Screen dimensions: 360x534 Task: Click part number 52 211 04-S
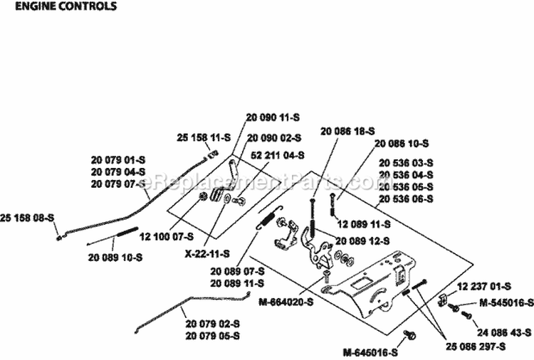277,154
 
